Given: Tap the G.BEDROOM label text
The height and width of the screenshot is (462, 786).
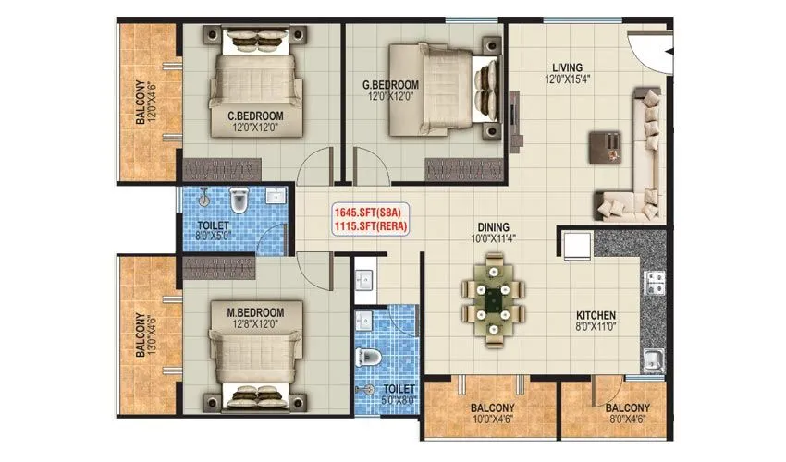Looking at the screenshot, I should [x=390, y=85].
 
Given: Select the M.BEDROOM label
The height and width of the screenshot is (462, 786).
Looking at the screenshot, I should [x=255, y=311].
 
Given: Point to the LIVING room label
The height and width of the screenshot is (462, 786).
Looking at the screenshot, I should [x=567, y=67].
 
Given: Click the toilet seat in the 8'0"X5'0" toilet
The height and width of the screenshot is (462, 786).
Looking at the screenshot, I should [x=239, y=201].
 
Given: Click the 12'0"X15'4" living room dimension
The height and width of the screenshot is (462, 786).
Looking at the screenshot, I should [x=567, y=80].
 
